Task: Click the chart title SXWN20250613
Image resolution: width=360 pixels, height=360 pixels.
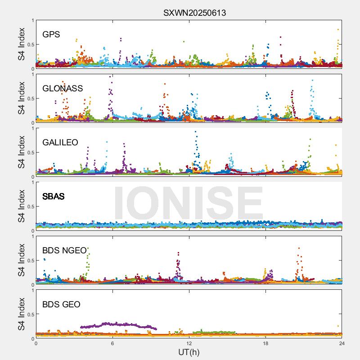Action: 194,13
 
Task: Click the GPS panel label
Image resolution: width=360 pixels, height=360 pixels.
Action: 51,35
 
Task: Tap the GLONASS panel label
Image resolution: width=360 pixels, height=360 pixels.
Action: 63,89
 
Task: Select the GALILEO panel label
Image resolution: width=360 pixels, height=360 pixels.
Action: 60,143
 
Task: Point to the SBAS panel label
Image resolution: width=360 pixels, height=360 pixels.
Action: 54,197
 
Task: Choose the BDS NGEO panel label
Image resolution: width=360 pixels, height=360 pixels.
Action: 64,251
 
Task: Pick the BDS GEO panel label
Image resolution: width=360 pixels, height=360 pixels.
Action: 61,305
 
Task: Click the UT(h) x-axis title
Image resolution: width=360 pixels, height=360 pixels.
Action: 189,352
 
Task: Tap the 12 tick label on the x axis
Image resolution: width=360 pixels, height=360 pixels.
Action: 189,343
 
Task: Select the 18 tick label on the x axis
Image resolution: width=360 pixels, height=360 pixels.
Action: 265,343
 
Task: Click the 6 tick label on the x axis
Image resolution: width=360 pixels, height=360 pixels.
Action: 112,343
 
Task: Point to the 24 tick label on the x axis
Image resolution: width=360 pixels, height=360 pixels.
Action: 342,343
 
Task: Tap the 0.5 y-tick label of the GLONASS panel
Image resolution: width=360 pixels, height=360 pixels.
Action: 28,99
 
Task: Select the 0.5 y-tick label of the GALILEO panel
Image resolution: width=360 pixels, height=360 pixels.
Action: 28,153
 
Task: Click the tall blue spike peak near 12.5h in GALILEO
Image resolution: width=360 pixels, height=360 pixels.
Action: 195,132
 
